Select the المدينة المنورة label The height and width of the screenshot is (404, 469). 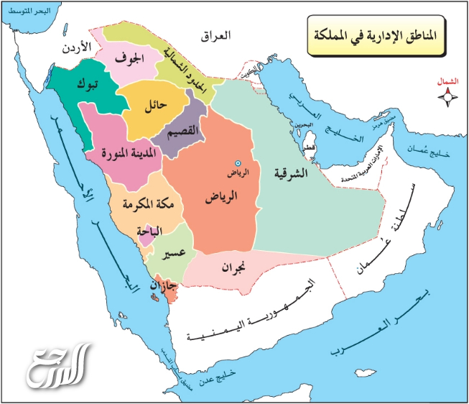116,153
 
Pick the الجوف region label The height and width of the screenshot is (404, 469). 134,57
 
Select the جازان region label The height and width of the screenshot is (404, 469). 162,286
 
